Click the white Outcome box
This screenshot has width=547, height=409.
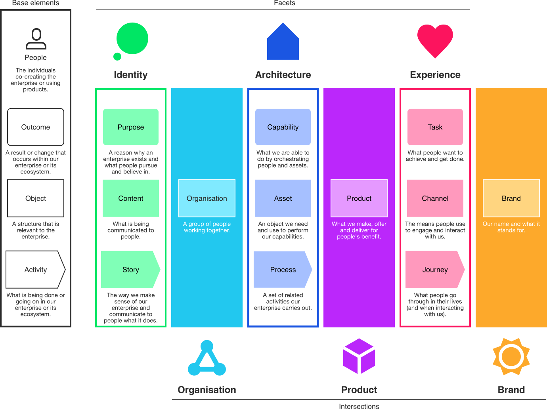36,127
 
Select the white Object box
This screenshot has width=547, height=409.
36,198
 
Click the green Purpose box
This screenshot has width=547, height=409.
131,127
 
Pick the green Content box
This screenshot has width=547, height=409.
131,198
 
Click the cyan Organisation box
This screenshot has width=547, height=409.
207,198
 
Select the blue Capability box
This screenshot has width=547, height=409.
283,127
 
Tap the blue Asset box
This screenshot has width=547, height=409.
283,198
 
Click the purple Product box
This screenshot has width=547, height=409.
359,198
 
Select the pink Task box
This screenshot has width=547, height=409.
435,127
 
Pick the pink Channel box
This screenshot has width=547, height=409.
435,198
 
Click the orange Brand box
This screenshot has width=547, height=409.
511,198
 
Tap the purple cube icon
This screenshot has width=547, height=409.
359,356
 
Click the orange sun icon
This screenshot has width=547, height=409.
511,356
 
